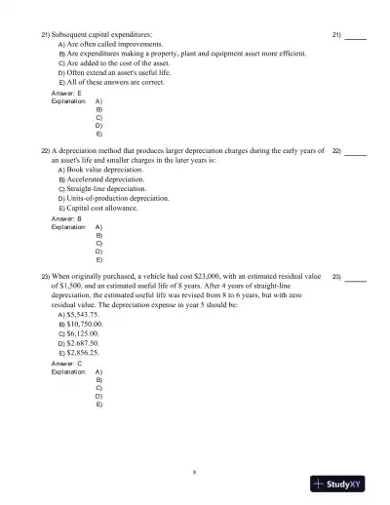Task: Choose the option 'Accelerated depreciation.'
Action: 108,179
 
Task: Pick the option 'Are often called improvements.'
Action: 116,45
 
